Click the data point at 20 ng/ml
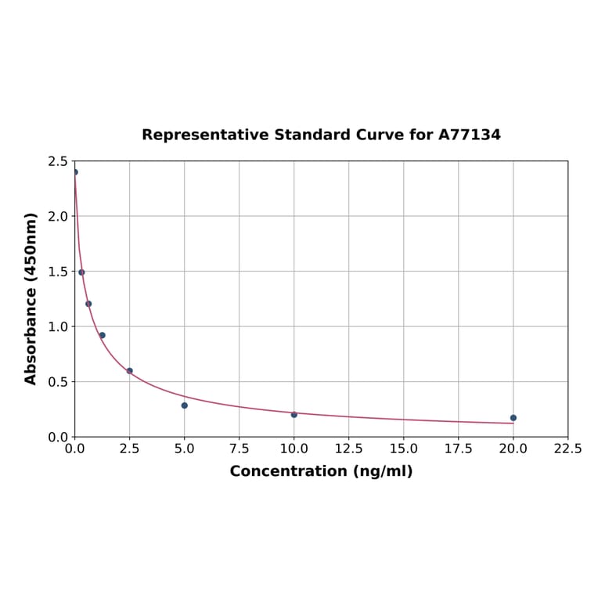(513, 418)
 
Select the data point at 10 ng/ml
(294, 415)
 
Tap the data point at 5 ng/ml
(185, 405)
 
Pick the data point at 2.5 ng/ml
(130, 371)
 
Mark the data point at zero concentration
(75, 172)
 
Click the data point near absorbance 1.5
(81, 272)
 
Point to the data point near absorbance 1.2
(88, 304)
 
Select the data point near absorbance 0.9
(102, 335)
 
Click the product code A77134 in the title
(469, 135)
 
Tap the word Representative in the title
(205, 135)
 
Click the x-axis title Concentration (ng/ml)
(321, 471)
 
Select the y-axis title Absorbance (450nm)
(31, 298)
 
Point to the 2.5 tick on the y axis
(58, 161)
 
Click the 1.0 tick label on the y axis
(58, 326)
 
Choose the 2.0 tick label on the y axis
(58, 216)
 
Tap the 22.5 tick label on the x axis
(567, 449)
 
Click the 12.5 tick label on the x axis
(348, 449)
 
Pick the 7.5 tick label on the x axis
(240, 449)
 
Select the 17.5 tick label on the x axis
(458, 449)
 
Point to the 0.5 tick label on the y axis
(58, 382)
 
